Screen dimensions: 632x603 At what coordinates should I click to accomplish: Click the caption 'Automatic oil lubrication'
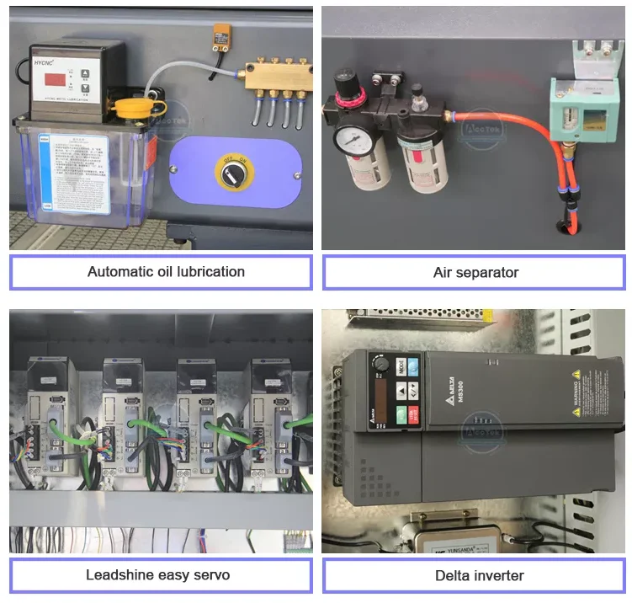tap(166, 272)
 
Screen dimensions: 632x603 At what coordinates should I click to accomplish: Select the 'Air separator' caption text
tap(475, 272)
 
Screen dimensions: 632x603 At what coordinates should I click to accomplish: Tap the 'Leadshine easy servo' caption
tap(157, 575)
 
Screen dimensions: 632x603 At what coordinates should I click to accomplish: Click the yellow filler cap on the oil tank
tap(130, 107)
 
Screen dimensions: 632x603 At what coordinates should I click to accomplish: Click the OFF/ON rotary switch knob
tap(229, 173)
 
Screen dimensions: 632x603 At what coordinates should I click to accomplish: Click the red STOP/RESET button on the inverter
tap(401, 414)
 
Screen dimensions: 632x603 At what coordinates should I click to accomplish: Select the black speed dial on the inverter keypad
tap(380, 366)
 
